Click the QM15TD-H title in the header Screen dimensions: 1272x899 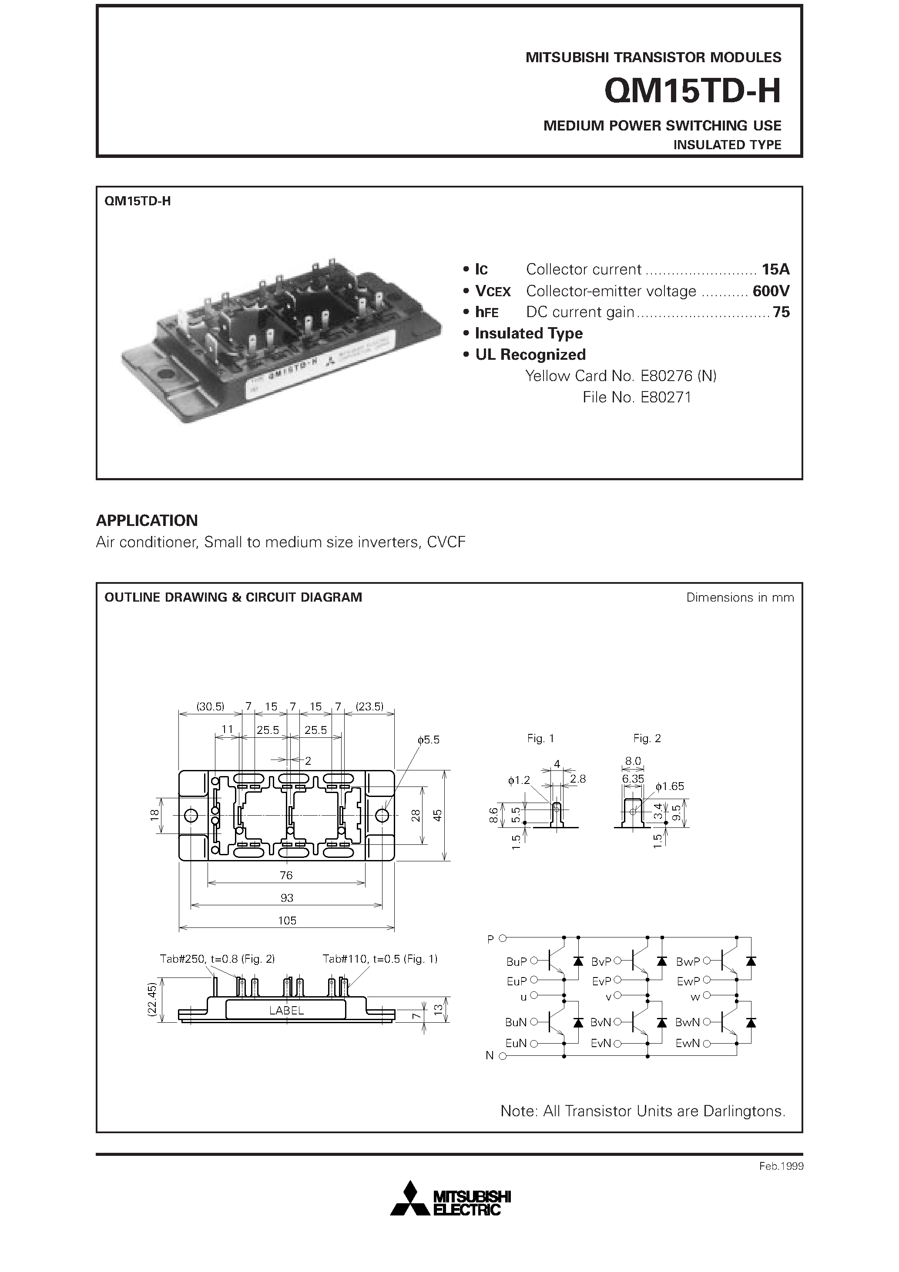point(692,91)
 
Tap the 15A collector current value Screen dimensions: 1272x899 point(775,270)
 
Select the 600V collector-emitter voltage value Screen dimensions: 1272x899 point(770,291)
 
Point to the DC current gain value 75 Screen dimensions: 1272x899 point(781,312)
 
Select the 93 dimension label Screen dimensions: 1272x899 point(287,897)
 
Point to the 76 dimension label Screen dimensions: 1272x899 point(287,875)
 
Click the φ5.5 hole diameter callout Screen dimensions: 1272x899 point(429,740)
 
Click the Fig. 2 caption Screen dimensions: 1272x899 point(647,739)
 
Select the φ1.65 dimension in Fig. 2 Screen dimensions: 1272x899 point(670,786)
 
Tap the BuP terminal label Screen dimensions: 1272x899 point(516,962)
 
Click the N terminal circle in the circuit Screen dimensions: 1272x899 point(502,1056)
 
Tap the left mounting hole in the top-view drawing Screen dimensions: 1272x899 point(190,816)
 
